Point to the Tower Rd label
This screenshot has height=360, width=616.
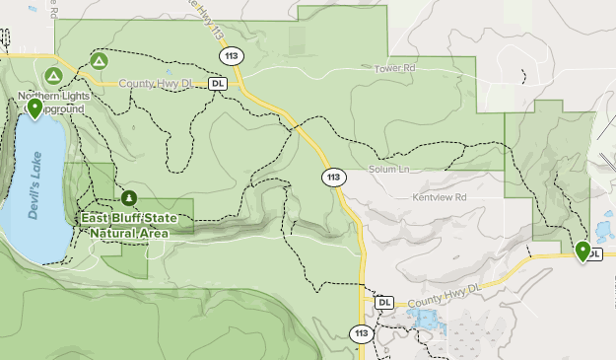(395, 69)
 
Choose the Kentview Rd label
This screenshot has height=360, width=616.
(439, 198)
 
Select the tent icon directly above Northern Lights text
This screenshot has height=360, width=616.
(52, 74)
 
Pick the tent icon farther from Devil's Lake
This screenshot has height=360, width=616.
(99, 61)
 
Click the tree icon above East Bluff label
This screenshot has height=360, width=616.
(128, 197)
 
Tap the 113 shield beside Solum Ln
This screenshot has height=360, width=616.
(334, 178)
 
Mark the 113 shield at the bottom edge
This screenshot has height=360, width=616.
(362, 334)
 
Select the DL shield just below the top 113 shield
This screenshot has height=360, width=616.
(218, 84)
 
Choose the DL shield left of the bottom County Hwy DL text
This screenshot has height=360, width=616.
(384, 302)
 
